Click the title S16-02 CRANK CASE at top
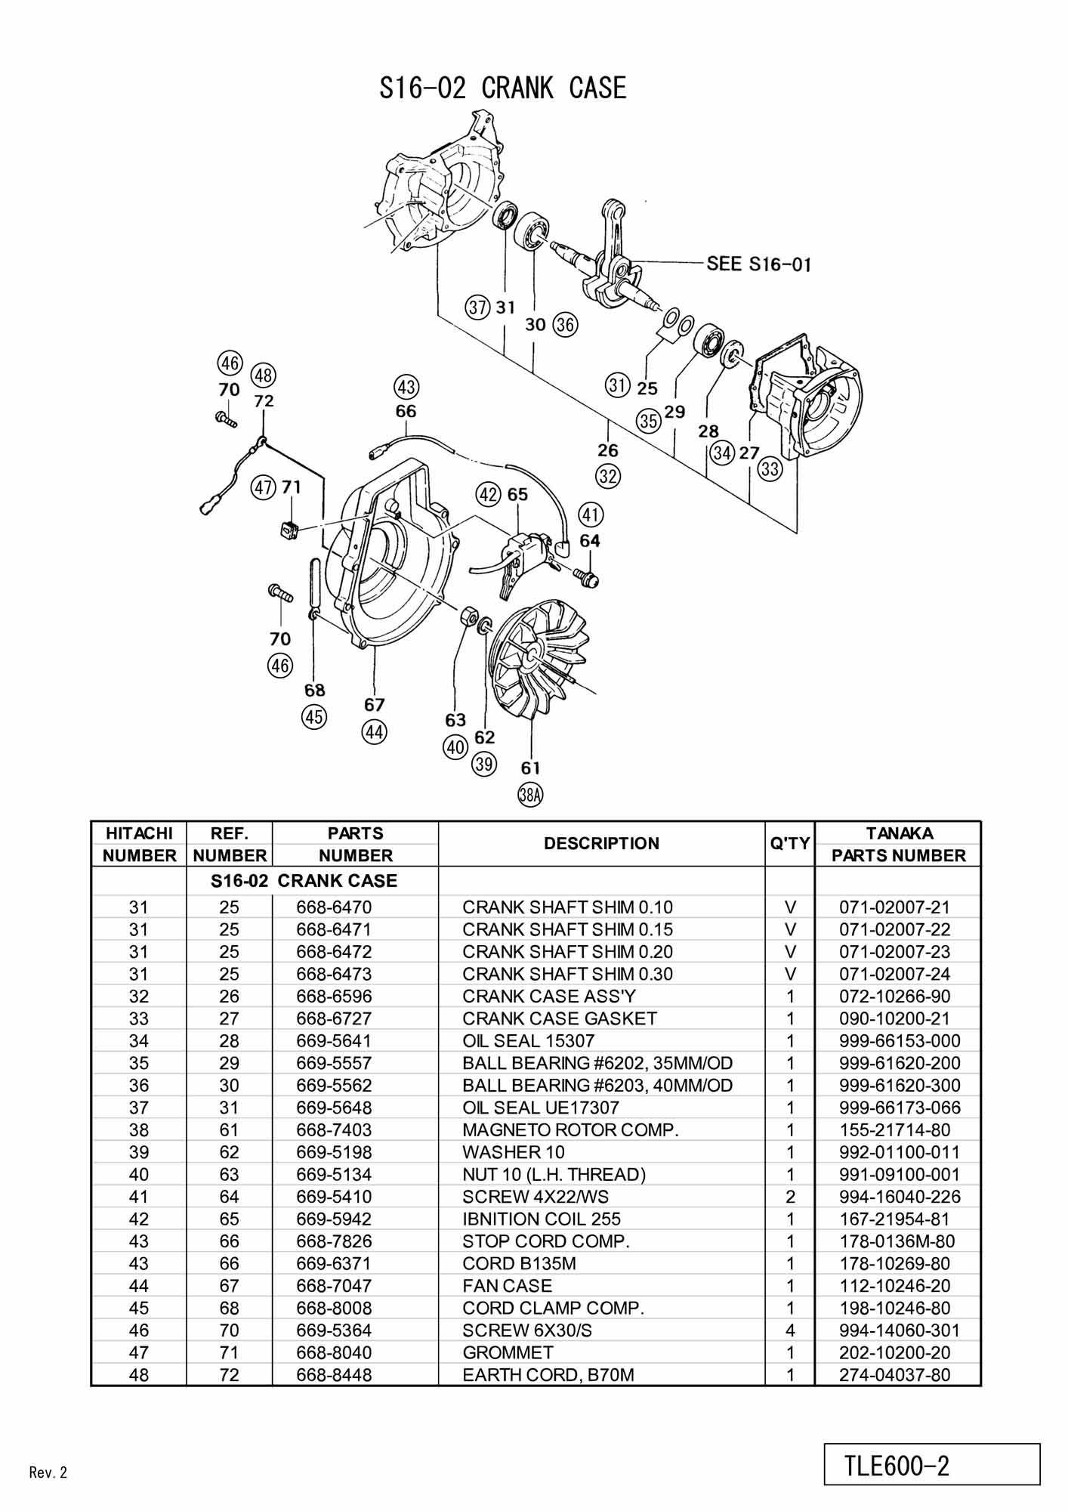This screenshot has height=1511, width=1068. [x=503, y=88]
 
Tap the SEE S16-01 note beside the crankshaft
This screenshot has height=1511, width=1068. [x=758, y=264]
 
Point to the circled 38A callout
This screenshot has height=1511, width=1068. [x=530, y=794]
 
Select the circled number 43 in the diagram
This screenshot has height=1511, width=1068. [x=406, y=387]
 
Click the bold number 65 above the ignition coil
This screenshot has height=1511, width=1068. [x=517, y=495]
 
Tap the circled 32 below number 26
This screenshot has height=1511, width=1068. [x=608, y=476]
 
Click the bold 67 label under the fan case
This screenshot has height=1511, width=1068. [x=375, y=705]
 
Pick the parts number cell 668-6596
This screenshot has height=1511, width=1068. [x=334, y=996]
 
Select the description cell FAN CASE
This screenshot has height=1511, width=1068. [x=507, y=1285]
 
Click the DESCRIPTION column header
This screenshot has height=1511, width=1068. [x=601, y=843]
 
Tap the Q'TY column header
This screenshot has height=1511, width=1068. [x=790, y=843]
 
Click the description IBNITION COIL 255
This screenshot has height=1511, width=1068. [x=542, y=1219]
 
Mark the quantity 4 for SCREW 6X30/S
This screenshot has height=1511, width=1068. [x=790, y=1330]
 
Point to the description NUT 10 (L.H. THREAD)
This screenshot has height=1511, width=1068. [x=554, y=1174]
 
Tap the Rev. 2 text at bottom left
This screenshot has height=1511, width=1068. [x=48, y=1472]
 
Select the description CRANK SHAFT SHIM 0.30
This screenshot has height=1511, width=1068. [x=567, y=974]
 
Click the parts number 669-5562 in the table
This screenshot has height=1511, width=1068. [x=334, y=1085]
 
